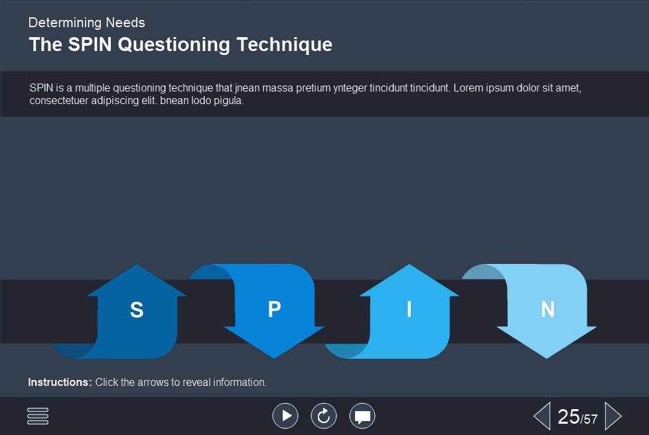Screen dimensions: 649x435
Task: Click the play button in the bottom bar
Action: pyautogui.click(x=285, y=416)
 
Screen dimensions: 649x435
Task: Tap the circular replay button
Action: pyautogui.click(x=324, y=416)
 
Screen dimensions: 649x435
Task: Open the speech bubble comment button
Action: pyautogui.click(x=362, y=416)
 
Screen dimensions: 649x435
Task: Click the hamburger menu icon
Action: pyautogui.click(x=38, y=416)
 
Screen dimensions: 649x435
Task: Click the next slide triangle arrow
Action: pyautogui.click(x=613, y=416)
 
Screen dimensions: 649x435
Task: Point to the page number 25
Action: pyautogui.click(x=568, y=417)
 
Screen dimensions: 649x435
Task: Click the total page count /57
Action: pyautogui.click(x=589, y=419)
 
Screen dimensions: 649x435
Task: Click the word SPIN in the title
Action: pyautogui.click(x=90, y=44)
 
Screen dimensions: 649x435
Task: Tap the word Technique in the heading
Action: pyautogui.click(x=284, y=45)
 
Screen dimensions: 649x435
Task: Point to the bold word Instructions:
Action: pyautogui.click(x=60, y=382)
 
